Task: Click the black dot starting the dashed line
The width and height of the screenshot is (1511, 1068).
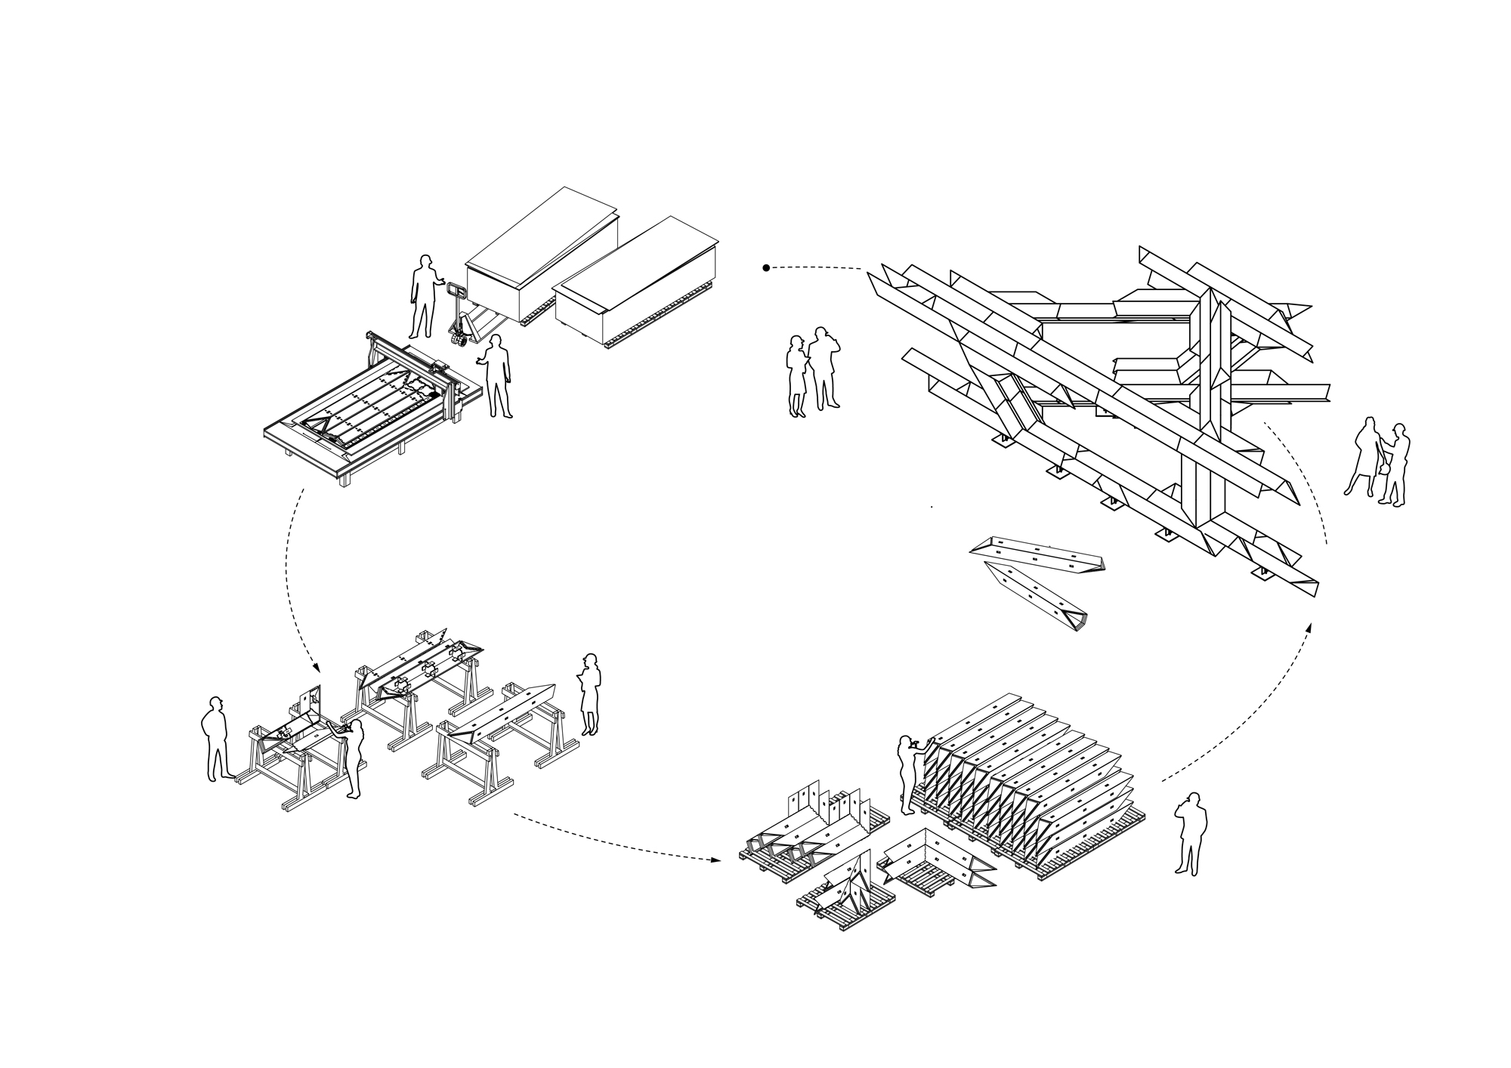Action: [x=766, y=267]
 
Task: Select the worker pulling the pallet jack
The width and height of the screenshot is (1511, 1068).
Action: [x=424, y=296]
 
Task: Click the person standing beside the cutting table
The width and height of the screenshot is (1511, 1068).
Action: [x=497, y=375]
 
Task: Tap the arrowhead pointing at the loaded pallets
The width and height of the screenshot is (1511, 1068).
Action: [x=713, y=860]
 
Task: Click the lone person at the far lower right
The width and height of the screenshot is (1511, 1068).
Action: [x=1191, y=833]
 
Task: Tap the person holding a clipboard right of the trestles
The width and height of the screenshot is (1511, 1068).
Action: [x=590, y=693]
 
